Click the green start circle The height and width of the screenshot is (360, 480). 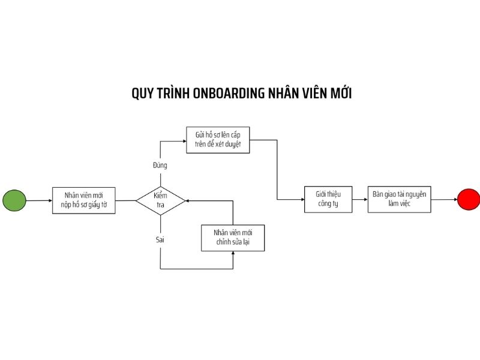click(14, 200)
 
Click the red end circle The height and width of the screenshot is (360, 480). click(469, 199)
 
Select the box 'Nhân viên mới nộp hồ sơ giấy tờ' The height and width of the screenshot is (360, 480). click(83, 200)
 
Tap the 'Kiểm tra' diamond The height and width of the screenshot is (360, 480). click(160, 200)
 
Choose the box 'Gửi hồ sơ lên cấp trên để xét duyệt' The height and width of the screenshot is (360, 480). click(218, 140)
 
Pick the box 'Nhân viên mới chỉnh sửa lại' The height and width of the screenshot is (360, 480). click(233, 238)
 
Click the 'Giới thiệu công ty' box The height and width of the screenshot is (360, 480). click(328, 199)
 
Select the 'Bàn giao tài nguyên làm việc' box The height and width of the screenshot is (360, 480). click(399, 199)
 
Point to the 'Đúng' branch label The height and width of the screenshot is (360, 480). click(160, 166)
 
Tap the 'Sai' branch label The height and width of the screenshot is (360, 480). click(160, 239)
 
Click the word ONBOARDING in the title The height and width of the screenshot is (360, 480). click(229, 94)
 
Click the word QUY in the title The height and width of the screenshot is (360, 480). click(143, 94)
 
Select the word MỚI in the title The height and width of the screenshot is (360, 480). click(341, 93)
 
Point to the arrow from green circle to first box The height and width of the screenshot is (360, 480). click(39, 200)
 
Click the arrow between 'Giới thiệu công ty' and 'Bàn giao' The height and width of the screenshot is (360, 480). click(360, 199)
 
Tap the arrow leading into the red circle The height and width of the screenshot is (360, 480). click(444, 199)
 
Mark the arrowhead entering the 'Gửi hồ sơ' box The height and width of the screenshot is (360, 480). click(185, 141)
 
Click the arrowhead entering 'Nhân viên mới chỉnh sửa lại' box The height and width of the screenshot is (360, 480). click(233, 253)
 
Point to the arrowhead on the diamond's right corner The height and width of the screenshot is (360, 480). click(188, 201)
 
